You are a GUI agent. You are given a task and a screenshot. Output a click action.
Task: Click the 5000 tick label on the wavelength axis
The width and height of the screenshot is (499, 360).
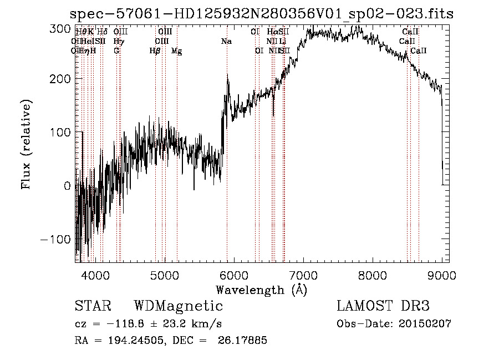(164, 275)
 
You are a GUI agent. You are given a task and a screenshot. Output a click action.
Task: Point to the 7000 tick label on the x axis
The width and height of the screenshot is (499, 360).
(303, 275)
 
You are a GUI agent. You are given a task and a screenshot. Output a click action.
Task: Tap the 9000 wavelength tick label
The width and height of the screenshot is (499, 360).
(442, 275)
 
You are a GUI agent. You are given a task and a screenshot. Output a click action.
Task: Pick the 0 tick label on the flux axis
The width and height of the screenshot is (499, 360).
(68, 186)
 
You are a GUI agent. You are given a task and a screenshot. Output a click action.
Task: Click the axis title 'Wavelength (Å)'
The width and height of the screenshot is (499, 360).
(261, 290)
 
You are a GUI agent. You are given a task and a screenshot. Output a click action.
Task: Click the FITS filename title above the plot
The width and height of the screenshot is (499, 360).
(263, 14)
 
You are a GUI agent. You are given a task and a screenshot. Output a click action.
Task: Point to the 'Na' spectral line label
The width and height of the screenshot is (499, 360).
(226, 42)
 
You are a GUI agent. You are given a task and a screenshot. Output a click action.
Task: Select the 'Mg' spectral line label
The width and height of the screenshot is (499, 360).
(176, 51)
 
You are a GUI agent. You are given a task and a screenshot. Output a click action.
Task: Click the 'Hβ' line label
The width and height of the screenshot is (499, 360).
(155, 51)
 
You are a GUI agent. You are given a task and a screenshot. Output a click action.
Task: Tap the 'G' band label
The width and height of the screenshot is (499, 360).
(116, 51)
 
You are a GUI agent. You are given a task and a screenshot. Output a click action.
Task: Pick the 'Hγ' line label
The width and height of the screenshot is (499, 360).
(119, 42)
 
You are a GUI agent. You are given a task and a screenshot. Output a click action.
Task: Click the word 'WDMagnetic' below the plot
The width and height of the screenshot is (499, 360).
(178, 306)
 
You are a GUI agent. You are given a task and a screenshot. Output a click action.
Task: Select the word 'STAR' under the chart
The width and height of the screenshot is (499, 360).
(93, 306)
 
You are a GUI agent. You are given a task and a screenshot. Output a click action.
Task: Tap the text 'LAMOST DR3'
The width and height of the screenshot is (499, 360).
(383, 306)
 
